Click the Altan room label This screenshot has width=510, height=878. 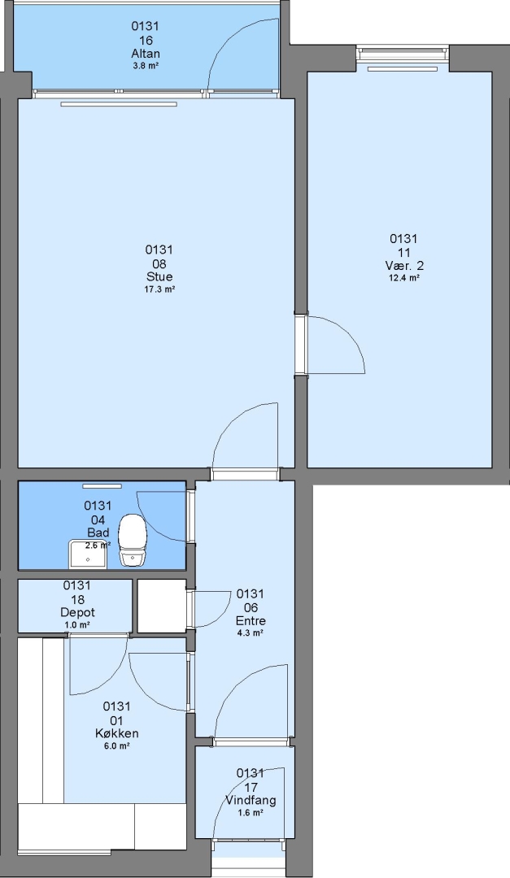[x=146, y=54]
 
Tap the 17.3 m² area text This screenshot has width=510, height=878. [x=159, y=289]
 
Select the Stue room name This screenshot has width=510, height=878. [x=159, y=276]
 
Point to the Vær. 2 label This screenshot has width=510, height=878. [x=403, y=265]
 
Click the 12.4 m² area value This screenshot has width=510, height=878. [x=404, y=278]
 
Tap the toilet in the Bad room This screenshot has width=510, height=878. [x=133, y=540]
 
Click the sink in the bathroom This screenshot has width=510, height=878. [x=87, y=554]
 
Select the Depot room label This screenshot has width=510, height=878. [x=77, y=612]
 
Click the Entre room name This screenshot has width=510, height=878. [x=251, y=620]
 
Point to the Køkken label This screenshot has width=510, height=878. [x=116, y=733]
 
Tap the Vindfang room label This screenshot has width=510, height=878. [x=251, y=800]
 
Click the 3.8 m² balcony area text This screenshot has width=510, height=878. [x=146, y=65]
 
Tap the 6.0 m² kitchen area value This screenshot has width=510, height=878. [x=116, y=745]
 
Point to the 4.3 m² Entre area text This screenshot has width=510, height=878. [x=251, y=633]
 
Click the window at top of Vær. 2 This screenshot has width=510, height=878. [x=403, y=55]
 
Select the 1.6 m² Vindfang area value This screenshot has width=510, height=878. [x=251, y=812]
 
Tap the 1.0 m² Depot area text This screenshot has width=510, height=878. [x=77, y=625]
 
